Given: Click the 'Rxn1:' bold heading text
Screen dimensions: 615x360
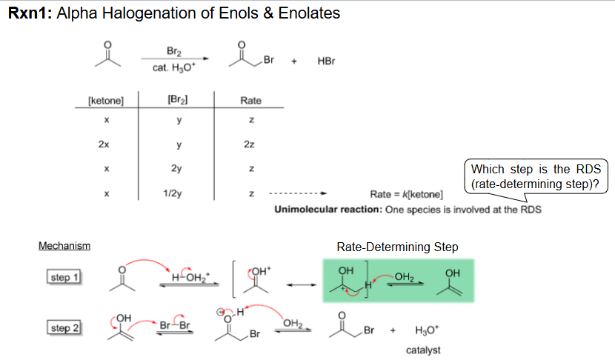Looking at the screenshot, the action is (30, 13).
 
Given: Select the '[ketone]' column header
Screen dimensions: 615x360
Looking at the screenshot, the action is (106, 101).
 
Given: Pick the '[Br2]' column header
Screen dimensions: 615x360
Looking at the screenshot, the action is (178, 99).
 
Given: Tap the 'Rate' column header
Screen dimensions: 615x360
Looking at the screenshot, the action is (250, 101).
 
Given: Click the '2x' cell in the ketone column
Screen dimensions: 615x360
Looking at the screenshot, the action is (104, 144).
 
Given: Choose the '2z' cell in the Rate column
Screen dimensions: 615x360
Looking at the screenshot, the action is (249, 144).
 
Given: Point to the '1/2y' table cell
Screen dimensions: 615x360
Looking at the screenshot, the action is (173, 193).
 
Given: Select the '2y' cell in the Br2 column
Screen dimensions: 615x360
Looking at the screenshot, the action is (176, 169).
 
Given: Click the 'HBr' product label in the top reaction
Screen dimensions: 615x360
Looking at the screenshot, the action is (326, 61).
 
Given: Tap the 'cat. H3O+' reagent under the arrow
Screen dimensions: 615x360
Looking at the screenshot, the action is (173, 68).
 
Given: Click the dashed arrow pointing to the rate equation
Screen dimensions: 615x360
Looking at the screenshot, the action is (298, 193).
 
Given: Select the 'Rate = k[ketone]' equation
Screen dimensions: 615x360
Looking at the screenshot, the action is (406, 195).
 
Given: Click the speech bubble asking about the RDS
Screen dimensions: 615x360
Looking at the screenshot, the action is (536, 176).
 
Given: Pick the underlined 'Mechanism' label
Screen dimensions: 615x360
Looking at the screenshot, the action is (64, 246).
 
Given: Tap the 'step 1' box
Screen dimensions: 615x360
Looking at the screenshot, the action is (64, 277).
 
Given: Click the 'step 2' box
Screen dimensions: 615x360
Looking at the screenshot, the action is (64, 328).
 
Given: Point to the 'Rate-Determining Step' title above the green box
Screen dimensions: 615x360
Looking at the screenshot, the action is (397, 247).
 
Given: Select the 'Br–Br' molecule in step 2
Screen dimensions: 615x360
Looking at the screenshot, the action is (175, 325).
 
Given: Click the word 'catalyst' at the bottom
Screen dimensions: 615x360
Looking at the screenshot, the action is (423, 350).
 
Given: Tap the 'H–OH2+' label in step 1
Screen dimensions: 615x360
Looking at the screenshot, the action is (190, 277).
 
